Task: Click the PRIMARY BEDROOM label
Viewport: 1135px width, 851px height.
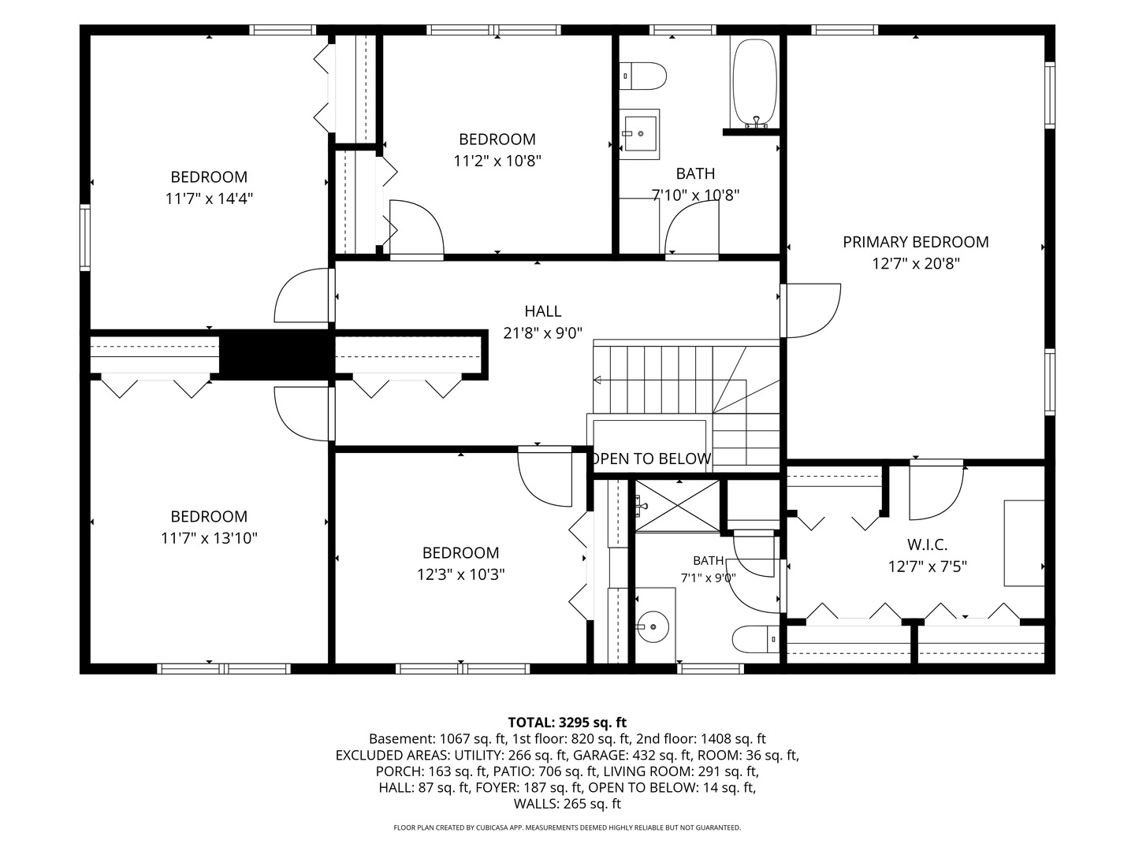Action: click(x=915, y=242)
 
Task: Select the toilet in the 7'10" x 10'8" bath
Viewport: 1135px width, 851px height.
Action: click(x=642, y=76)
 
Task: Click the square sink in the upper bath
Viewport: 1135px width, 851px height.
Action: click(x=640, y=134)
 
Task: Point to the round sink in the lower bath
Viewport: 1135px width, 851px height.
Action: click(x=653, y=626)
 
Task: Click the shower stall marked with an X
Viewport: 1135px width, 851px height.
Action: click(x=677, y=505)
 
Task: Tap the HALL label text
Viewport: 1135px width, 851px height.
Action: click(x=543, y=311)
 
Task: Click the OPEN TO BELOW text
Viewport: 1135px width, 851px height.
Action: click(x=651, y=459)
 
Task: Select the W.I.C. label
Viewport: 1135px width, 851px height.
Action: click(x=928, y=544)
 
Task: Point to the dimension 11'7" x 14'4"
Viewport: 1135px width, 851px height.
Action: click(x=209, y=199)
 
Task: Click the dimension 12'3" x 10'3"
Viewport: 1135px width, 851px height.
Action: click(x=461, y=574)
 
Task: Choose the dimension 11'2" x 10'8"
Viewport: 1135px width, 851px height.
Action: click(x=497, y=162)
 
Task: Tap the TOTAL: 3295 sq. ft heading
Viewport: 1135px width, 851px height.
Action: click(x=567, y=722)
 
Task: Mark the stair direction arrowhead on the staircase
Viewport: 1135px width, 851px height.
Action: click(x=597, y=381)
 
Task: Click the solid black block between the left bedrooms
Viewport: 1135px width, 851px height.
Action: click(x=274, y=355)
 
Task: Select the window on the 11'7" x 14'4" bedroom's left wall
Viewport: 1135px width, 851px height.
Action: click(x=85, y=238)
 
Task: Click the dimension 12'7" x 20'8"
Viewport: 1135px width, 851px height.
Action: click(x=916, y=264)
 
